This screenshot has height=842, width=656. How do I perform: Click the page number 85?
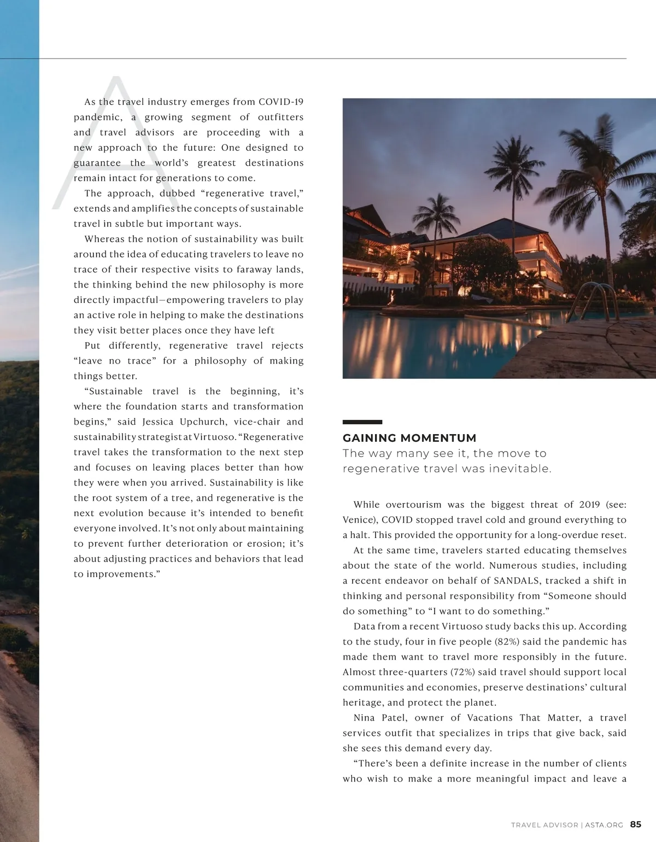636,825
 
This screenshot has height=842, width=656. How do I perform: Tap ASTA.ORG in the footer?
604,825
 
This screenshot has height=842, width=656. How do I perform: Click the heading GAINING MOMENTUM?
409,438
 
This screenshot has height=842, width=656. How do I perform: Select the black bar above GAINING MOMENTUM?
362,422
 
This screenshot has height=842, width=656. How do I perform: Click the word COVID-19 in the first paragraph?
281,102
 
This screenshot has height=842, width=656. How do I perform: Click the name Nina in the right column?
364,718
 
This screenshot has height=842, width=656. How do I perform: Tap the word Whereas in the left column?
104,239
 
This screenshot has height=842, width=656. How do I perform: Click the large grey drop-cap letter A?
109,148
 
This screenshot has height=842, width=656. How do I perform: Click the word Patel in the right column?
394,718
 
